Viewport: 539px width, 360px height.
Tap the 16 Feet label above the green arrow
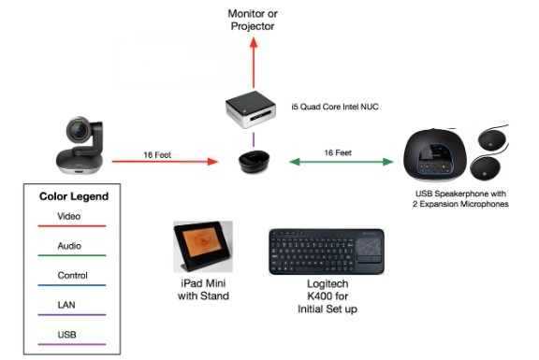click(338, 151)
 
